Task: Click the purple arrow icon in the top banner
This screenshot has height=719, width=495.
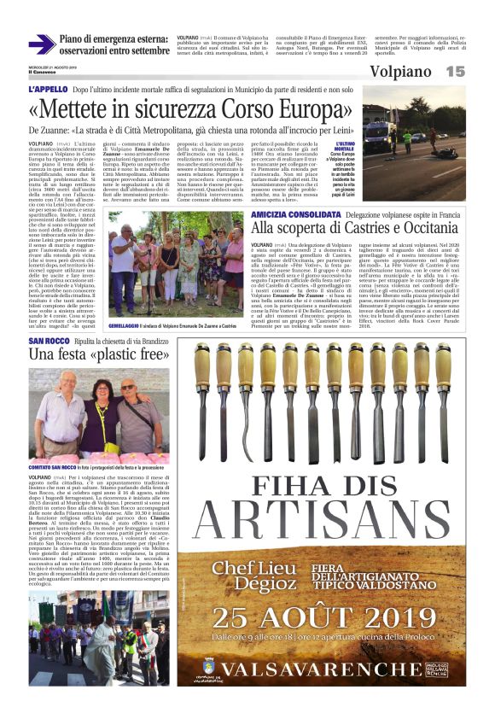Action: click(42, 44)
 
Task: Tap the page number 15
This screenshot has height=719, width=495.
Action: click(455, 72)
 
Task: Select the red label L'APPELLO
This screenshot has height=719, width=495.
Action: click(48, 90)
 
